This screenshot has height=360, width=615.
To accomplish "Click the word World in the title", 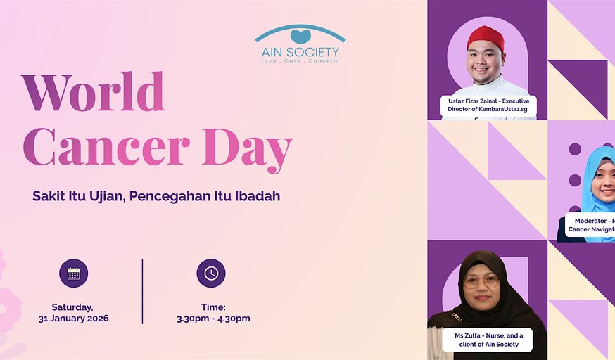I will pyautogui.click(x=93, y=92).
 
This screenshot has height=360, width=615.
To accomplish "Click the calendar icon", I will pyautogui.click(x=73, y=274).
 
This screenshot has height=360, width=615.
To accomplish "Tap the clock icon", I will pyautogui.click(x=211, y=274).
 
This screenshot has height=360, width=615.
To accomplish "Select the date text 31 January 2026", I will pyautogui.click(x=73, y=319).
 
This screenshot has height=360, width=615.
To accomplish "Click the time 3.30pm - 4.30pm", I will pyautogui.click(x=213, y=319).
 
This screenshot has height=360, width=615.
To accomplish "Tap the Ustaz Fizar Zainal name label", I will pyautogui.click(x=488, y=105).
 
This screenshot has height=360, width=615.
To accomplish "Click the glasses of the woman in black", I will pyautogui.click(x=481, y=281).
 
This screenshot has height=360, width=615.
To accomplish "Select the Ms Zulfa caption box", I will pyautogui.click(x=487, y=340).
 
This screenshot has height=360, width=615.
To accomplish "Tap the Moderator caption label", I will pyautogui.click(x=591, y=225).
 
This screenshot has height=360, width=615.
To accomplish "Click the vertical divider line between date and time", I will pyautogui.click(x=142, y=291).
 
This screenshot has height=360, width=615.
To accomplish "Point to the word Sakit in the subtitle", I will pyautogui.click(x=48, y=196).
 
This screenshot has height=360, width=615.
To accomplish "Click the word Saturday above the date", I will pyautogui.click(x=72, y=307).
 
